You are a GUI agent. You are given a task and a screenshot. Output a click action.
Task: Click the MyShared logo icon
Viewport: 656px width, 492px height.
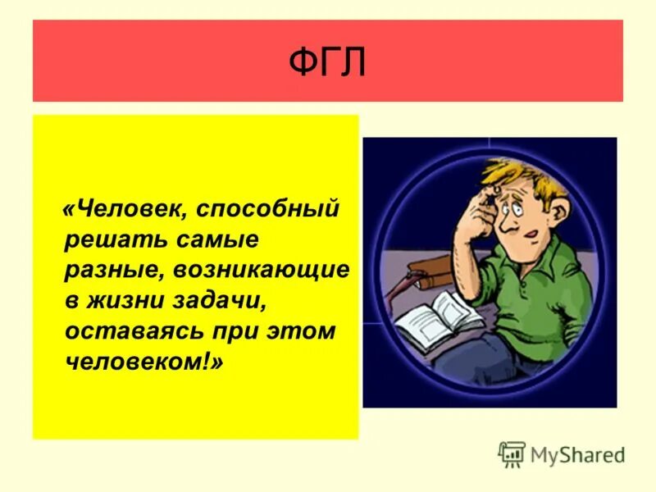(512, 454)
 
